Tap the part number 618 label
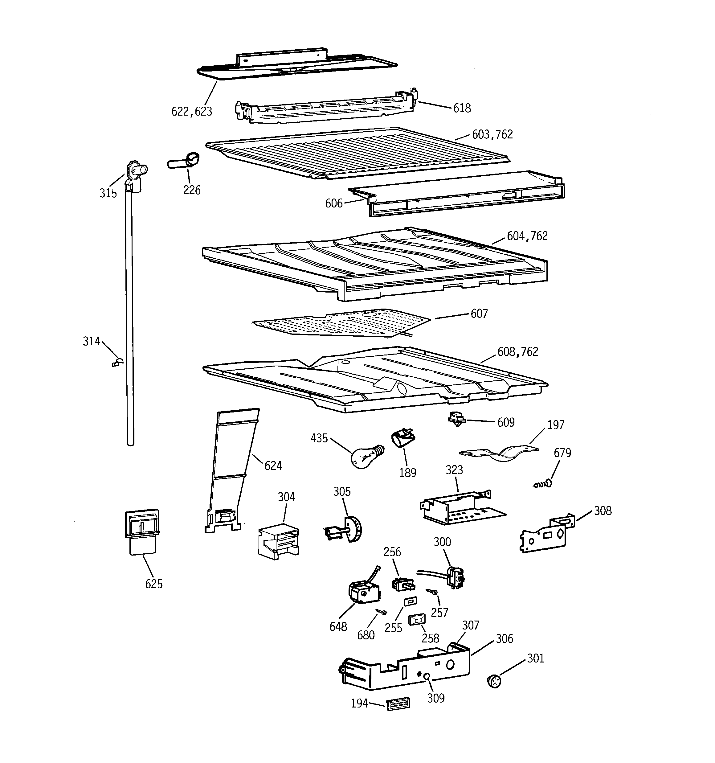[x=462, y=109]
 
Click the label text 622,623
[x=191, y=112]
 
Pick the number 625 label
[x=153, y=584]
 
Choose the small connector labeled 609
[x=457, y=419]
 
